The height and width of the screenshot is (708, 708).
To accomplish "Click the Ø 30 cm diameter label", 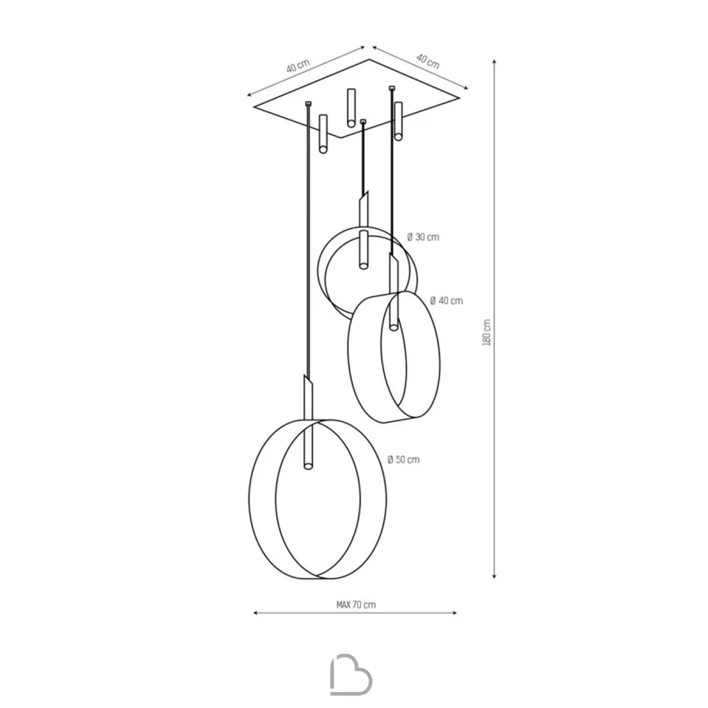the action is click(x=423, y=237).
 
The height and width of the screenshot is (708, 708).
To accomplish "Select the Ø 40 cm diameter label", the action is click(x=447, y=301).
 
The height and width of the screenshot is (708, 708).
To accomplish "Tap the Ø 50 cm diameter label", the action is click(x=404, y=459).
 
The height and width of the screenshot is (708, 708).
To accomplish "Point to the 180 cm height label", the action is click(x=486, y=333).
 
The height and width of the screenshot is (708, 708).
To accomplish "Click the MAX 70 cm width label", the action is click(x=356, y=605).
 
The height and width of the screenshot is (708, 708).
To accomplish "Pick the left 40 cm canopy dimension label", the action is click(x=298, y=66).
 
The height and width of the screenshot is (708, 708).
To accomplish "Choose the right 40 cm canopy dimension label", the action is click(x=428, y=61).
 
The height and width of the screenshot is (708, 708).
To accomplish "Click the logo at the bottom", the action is click(x=351, y=674).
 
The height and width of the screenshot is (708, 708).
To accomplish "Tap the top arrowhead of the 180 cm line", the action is click(x=494, y=62).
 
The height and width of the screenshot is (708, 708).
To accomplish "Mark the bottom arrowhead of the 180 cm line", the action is click(x=494, y=576).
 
